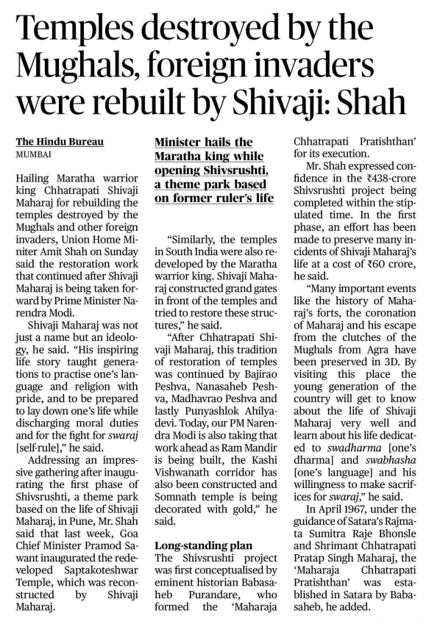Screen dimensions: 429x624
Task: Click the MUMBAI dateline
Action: tap(34, 156)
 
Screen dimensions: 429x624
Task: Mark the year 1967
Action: tap(355, 540)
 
